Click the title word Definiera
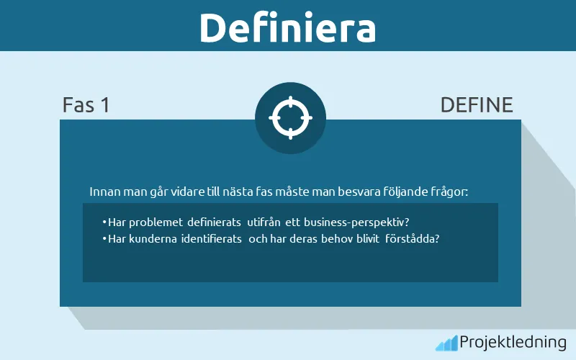pyautogui.click(x=287, y=27)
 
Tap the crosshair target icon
pyautogui.click(x=290, y=117)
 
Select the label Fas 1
pyautogui.click(x=86, y=105)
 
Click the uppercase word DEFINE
pyautogui.click(x=477, y=105)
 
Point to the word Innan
pyautogui.click(x=103, y=192)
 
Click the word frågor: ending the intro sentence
pyautogui.click(x=449, y=192)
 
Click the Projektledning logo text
pyautogui.click(x=513, y=342)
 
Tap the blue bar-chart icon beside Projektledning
pyautogui.click(x=446, y=343)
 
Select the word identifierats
pyautogui.click(x=210, y=238)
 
